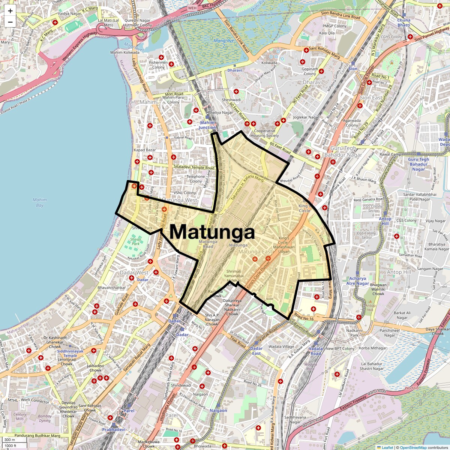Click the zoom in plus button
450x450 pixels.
tap(10, 11)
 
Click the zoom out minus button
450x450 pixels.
tap(10, 22)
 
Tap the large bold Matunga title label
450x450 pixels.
tap(212, 232)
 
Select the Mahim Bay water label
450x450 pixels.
tap(39, 202)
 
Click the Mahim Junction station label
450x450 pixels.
tap(207, 125)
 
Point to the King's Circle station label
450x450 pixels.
tap(304, 208)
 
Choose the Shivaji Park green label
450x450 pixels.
tap(135, 241)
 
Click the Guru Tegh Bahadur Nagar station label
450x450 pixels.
tap(418, 164)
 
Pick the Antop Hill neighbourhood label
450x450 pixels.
tap(399, 272)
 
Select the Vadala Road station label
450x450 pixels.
tap(316, 351)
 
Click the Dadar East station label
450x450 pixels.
tap(256, 351)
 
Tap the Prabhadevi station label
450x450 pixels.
tap(114, 430)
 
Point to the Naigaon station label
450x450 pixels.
tap(218, 411)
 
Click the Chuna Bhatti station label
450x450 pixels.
tap(404, 22)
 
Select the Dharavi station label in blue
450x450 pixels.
tap(235, 70)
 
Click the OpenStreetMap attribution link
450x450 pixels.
tap(413, 447)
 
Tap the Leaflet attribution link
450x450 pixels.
tap(387, 447)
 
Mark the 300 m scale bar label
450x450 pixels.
tap(10, 440)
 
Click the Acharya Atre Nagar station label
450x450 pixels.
tap(357, 281)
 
